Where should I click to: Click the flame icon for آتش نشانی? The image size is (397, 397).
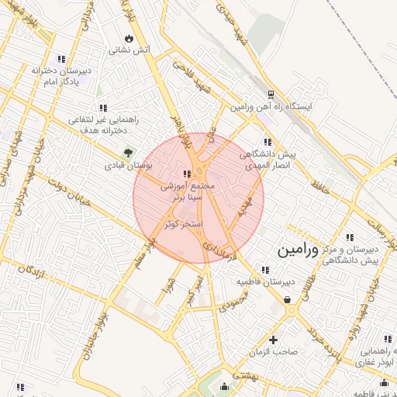coord(129,38)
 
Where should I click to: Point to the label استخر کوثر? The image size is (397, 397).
coord(183,224)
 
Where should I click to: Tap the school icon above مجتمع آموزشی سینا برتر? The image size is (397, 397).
coord(186,174)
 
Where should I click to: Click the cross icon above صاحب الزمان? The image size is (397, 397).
coord(273,340)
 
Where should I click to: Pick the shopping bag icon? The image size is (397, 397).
coord(288,299)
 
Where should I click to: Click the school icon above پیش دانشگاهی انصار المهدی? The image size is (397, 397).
coord(268,142)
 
